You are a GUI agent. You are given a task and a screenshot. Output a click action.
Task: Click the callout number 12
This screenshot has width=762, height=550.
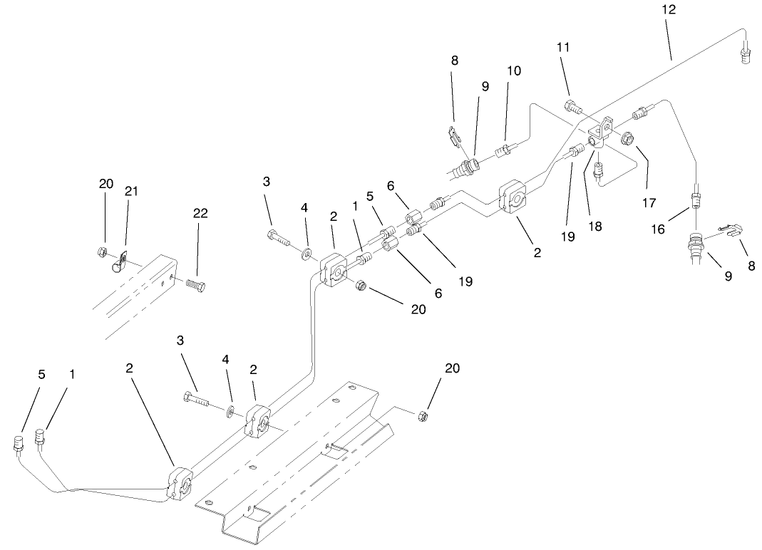(668, 10)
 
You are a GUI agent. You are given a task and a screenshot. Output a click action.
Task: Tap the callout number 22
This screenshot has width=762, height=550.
(200, 213)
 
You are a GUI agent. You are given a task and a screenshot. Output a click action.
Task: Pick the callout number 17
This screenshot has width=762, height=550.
(649, 203)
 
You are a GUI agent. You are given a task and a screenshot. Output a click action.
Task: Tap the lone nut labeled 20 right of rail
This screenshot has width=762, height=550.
(423, 413)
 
